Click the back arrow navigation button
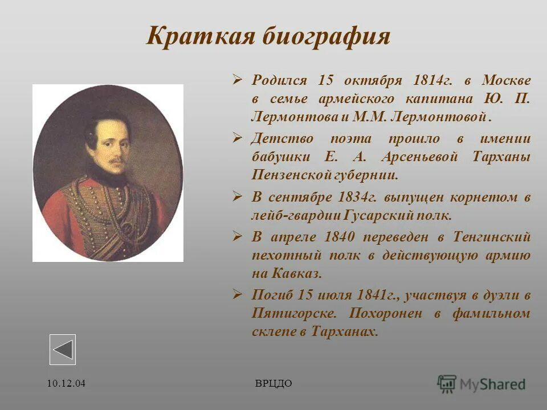[x=63, y=349]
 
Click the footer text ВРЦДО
[x=273, y=383]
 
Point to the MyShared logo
[x=481, y=384]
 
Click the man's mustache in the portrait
[x=117, y=162]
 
